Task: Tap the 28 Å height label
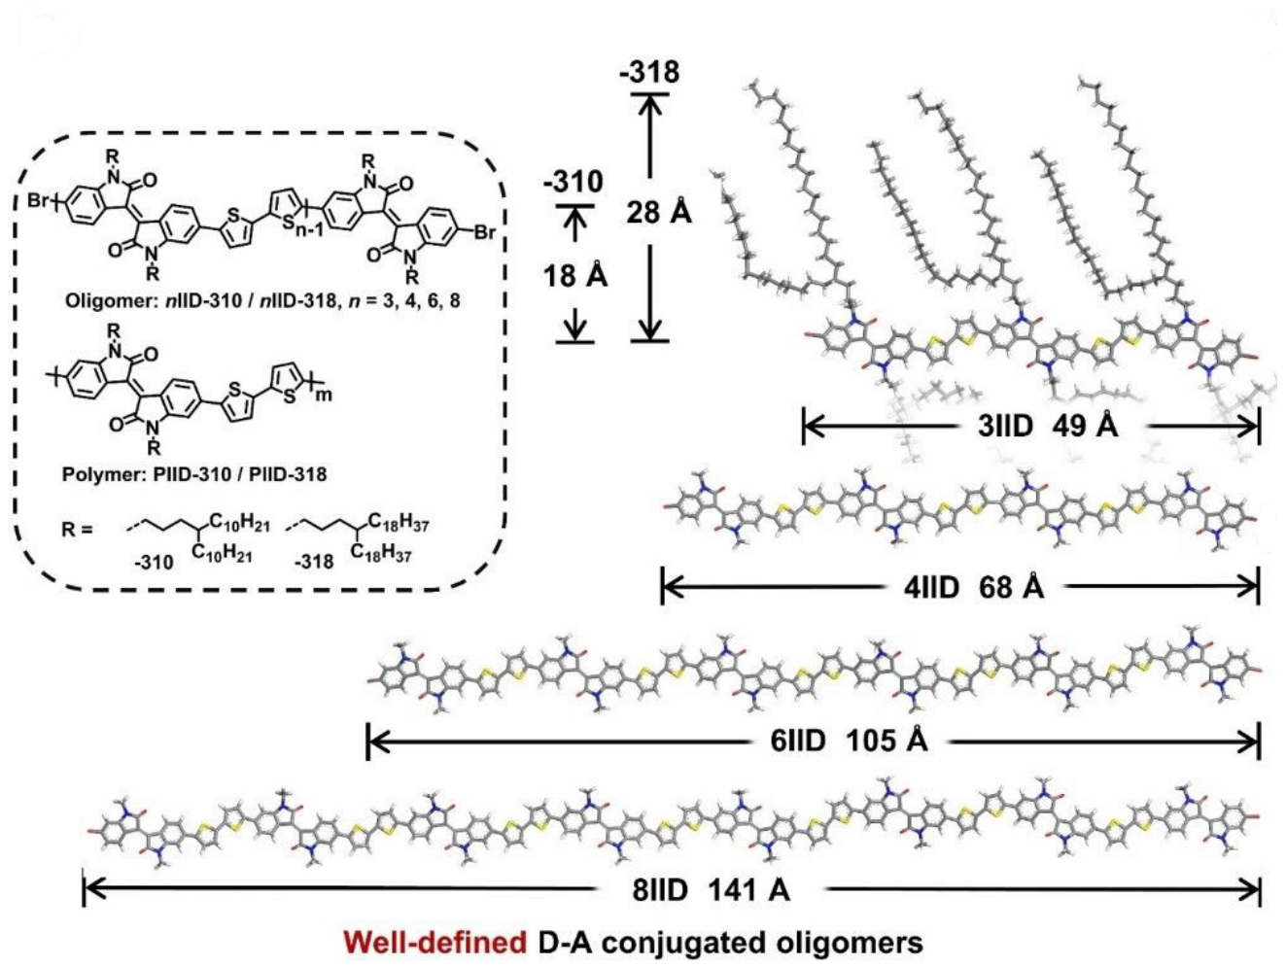point(658,212)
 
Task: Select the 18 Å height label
point(574,276)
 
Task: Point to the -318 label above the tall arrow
point(650,72)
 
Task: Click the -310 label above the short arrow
point(574,182)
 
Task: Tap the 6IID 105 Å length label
point(849,742)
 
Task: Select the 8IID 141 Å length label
point(711,889)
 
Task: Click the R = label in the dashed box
point(75,531)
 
